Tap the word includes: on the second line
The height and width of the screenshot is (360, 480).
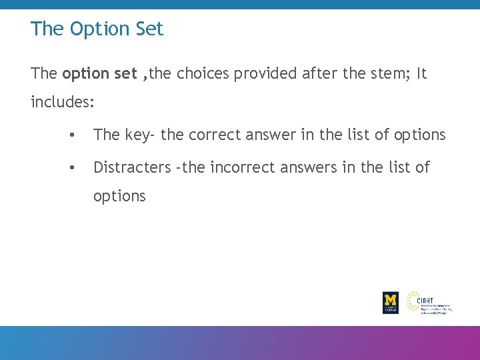coord(63,103)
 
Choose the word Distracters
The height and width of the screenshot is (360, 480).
coord(132,167)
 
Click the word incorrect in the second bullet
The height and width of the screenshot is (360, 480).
coord(240,167)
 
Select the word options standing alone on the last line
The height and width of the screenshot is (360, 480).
coord(119,197)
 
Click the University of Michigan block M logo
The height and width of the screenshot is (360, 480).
coord(391,302)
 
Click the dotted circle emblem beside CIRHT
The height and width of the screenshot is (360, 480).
coord(413,300)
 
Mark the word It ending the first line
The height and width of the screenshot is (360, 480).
coord(421,74)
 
